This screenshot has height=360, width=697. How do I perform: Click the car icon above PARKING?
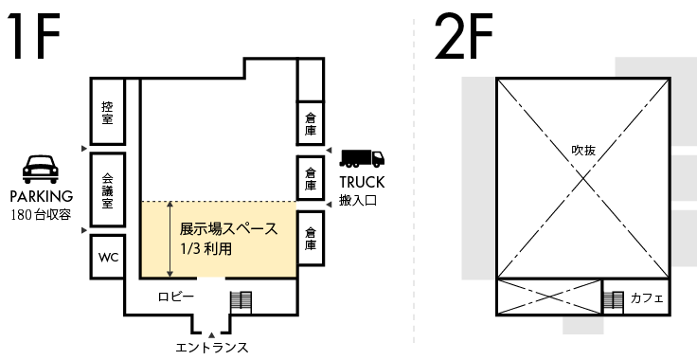click(41, 169)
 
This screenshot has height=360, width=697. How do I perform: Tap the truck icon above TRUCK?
click(362, 158)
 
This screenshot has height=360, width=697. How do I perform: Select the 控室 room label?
click(107, 113)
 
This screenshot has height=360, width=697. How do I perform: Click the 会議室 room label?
click(107, 190)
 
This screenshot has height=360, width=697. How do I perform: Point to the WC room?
click(108, 258)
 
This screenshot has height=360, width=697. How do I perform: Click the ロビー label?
click(176, 297)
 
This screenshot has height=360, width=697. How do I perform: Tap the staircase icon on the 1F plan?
click(241, 302)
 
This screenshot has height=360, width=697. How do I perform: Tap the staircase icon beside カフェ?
click(613, 302)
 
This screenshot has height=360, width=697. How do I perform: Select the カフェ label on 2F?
click(647, 297)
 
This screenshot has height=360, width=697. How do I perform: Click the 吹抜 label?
click(583, 151)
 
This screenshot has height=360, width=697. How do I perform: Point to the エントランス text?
click(212, 348)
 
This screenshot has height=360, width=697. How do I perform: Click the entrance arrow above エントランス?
click(212, 334)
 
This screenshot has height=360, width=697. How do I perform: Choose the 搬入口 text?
click(358, 201)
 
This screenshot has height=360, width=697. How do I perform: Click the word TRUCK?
click(362, 182)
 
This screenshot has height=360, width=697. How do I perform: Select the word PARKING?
click(42, 196)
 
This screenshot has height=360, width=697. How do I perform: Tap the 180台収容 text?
click(41, 215)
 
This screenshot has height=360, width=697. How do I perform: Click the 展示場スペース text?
click(228, 229)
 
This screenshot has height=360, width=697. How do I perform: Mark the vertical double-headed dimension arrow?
click(170, 239)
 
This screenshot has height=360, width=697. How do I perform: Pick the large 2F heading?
click(464, 36)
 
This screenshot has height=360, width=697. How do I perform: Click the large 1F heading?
click(33, 36)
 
